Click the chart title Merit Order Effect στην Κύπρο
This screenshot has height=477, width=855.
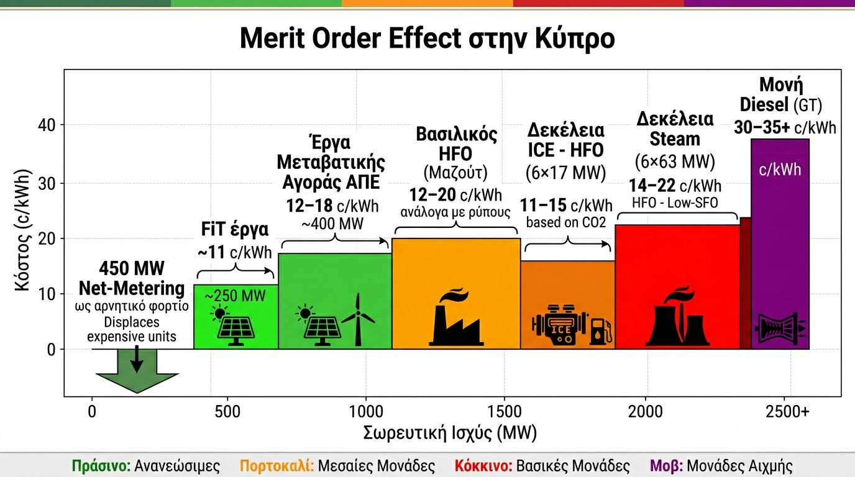(427, 39)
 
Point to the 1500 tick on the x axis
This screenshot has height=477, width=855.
(506, 412)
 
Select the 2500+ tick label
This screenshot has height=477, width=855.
(787, 412)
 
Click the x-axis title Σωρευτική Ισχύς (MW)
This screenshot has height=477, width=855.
(450, 433)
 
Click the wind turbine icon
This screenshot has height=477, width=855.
(359, 320)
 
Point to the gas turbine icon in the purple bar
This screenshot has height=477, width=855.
(780, 327)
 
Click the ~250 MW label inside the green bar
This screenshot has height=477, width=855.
(235, 296)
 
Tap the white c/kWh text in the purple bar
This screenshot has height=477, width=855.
(780, 169)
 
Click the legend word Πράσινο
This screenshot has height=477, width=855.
(96, 466)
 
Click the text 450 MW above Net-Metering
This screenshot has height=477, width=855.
(132, 268)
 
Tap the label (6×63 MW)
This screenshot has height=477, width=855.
(675, 162)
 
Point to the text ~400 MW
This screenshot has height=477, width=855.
(334, 223)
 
